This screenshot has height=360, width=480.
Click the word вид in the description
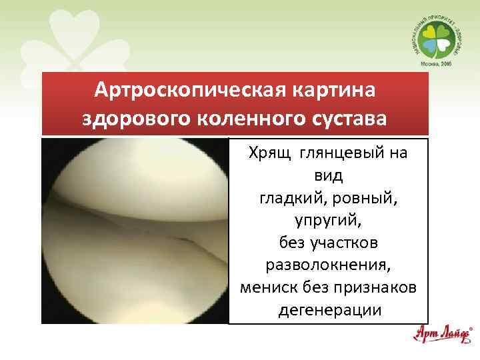(x=327, y=175)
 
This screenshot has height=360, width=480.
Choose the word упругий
(x=327, y=219)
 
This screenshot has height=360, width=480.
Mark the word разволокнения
(x=327, y=265)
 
